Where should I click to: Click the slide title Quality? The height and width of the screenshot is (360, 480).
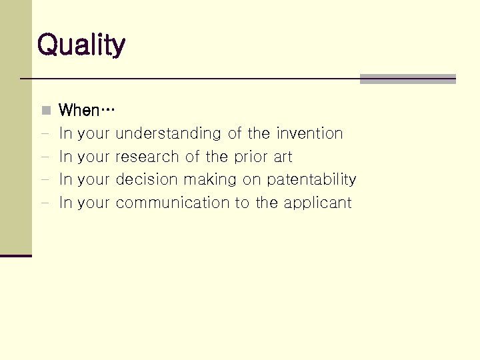(81, 45)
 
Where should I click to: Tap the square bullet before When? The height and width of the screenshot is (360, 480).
(45, 110)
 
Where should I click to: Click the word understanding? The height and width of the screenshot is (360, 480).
(168, 134)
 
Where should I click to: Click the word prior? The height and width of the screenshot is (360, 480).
(251, 157)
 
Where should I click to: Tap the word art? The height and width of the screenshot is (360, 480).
(283, 157)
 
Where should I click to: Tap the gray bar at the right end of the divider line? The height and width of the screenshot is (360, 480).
(407, 79)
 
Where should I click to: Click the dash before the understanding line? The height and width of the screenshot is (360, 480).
(45, 134)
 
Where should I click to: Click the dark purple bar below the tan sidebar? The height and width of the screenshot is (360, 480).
(16, 255)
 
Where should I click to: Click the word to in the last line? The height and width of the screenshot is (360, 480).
(241, 203)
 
